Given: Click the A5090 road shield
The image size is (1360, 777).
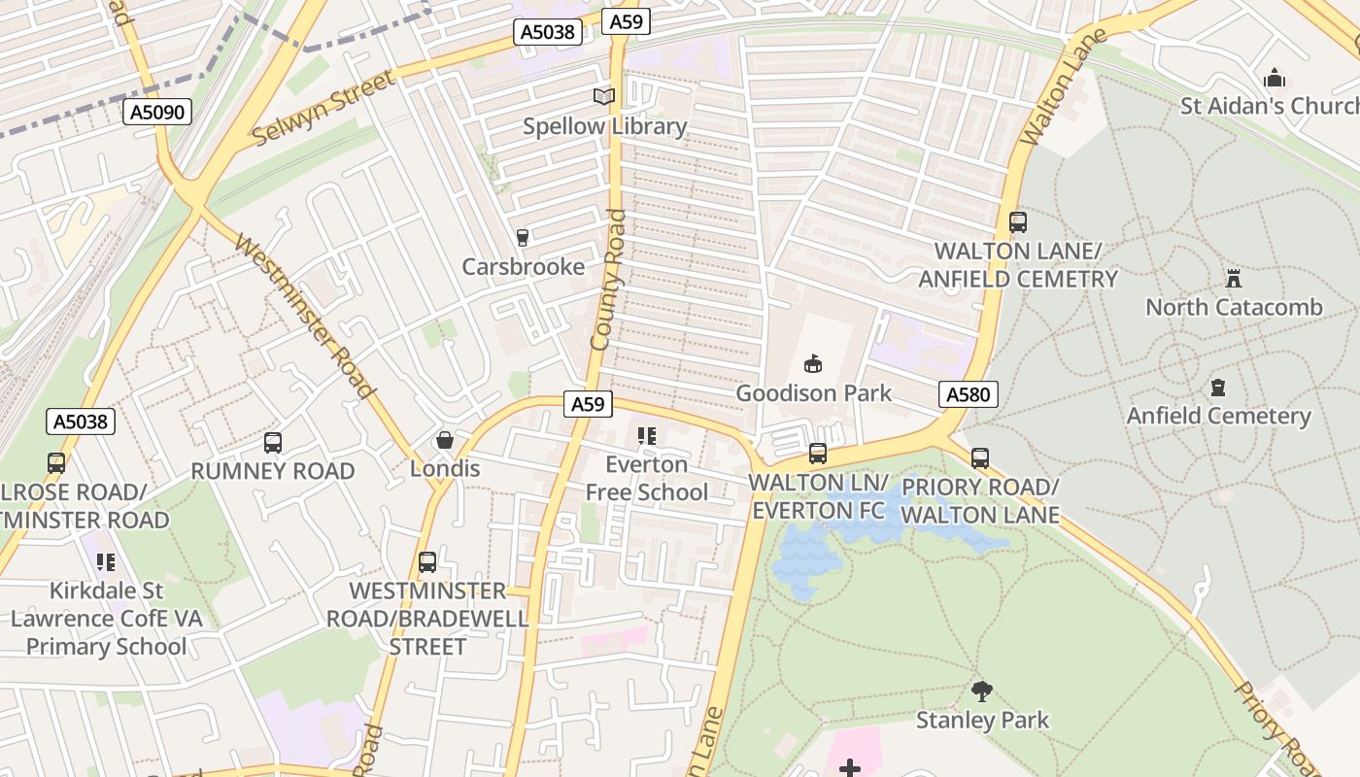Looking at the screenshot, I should click(157, 113).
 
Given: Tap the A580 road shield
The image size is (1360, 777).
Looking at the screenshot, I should click(968, 393).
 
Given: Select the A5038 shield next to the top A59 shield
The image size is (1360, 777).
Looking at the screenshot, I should click(548, 32).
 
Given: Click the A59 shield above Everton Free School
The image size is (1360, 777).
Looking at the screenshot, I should click(587, 404).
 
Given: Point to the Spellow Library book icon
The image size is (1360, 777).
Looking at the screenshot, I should click(604, 96).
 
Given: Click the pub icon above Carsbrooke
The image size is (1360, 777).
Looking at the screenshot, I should click(523, 237).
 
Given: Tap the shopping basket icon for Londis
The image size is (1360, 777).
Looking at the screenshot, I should click(445, 440).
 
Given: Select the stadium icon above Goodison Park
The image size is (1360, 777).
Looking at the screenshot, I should click(813, 364).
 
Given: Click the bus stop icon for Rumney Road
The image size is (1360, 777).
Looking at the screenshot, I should click(273, 443).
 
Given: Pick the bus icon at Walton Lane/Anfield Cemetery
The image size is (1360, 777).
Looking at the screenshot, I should click(1018, 222).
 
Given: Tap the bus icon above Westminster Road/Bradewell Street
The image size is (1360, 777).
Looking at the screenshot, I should click(427, 562).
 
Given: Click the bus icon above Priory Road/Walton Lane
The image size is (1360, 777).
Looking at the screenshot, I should click(980, 458).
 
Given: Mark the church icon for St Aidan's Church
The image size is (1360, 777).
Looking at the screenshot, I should click(1274, 77).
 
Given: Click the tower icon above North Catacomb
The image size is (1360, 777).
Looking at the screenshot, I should click(1234, 279).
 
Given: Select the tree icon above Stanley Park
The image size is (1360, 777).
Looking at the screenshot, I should click(982, 692).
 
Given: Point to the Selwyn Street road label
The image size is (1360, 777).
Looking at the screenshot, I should click(324, 107).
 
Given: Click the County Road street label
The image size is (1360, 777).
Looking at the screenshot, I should click(608, 280).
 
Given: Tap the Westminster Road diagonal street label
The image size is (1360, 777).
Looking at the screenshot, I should click(305, 317).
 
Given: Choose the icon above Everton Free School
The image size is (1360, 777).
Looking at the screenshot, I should click(646, 436).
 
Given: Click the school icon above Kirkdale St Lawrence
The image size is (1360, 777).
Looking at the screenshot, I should click(106, 562).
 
